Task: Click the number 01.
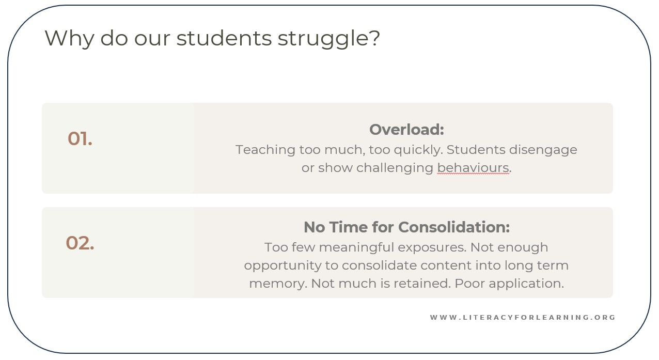(80, 138)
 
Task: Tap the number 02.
(80, 243)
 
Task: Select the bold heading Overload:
(406, 130)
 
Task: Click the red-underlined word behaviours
(473, 168)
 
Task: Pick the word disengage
(543, 150)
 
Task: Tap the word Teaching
(265, 150)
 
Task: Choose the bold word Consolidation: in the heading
(454, 227)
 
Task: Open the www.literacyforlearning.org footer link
(523, 318)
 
